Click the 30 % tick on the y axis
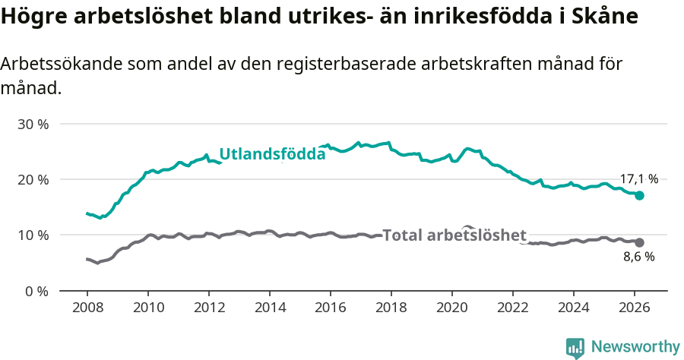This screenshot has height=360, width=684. pos(33,124)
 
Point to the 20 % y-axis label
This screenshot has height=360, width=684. pos(33,179)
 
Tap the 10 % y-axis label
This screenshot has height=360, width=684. pos(33,235)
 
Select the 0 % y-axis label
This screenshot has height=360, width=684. pos(36,291)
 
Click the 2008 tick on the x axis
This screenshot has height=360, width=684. pos(87,307)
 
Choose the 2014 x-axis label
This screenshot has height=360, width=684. pos(269,307)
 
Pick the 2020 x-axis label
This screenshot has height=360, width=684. pos(452,307)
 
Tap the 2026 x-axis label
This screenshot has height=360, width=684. pos(635,307)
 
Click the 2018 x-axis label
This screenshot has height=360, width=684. pos(391,307)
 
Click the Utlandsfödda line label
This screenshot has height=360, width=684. pos(272,154)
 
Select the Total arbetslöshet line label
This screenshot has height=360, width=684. pos(454,235)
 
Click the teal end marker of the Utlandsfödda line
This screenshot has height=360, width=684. pos(640,195)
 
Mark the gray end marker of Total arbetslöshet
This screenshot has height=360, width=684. pos(640,242)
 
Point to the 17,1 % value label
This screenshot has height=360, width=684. pos(638,179)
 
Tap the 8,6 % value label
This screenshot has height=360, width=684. pos(638,257)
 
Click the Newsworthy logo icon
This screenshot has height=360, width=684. pos(575,348)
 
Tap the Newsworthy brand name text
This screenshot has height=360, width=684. pos(635,347)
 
